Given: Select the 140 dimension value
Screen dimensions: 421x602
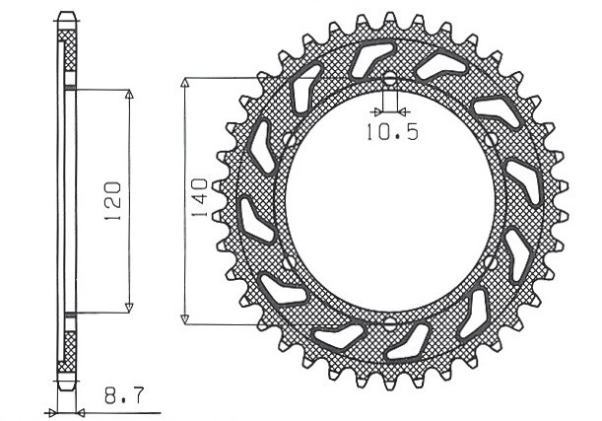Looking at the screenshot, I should [x=199, y=199].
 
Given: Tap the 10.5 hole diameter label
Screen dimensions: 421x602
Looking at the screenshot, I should [x=392, y=131].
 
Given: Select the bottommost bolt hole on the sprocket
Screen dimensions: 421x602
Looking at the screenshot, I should [x=389, y=322].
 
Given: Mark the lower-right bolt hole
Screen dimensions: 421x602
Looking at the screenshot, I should [x=491, y=261].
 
